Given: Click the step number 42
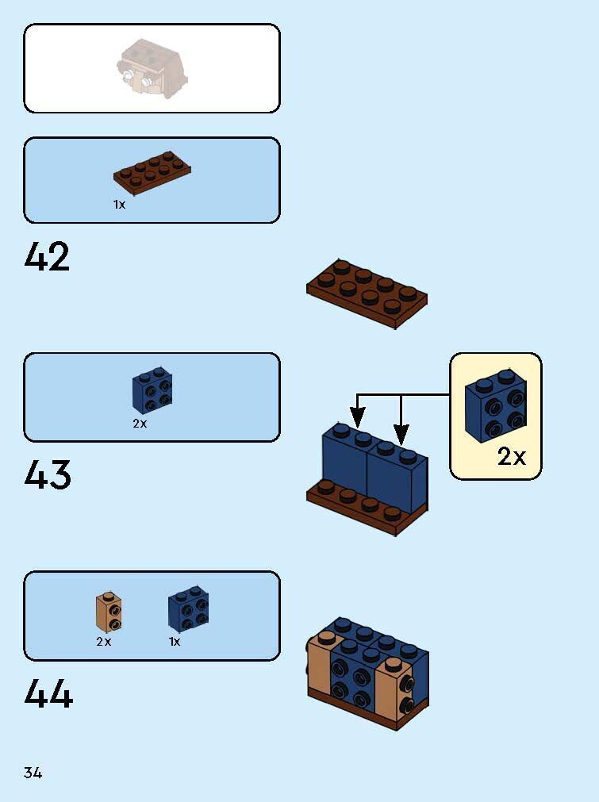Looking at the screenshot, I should [x=48, y=257].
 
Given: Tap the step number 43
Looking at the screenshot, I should [x=48, y=475].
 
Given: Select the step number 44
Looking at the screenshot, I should [x=48, y=694].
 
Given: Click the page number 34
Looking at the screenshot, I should [x=33, y=772].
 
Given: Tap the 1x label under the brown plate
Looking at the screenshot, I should [x=119, y=204].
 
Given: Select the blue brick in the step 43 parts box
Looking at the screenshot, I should [x=152, y=391].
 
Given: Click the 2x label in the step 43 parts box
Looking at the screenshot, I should [x=140, y=424].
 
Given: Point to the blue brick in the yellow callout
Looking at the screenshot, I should [x=496, y=405].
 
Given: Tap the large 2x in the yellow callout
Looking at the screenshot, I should [x=512, y=457].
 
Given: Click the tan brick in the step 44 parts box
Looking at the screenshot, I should [x=109, y=612].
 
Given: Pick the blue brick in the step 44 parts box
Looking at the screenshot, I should [x=188, y=609].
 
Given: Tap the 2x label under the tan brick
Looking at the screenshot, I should [x=104, y=642].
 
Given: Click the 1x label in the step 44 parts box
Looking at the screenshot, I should [x=175, y=642].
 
